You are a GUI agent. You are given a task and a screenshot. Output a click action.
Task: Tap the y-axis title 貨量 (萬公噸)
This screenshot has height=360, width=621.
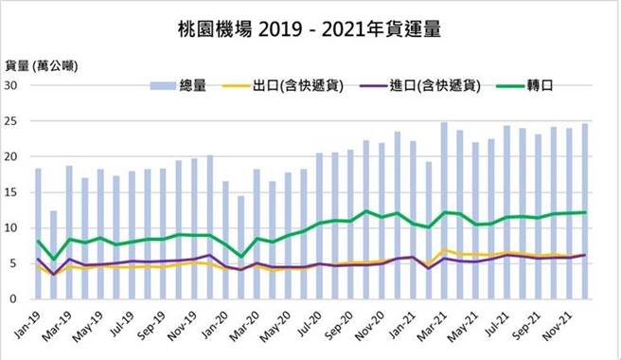click(42, 65)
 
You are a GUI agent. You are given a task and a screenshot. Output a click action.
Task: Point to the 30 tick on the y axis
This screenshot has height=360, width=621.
click(13, 85)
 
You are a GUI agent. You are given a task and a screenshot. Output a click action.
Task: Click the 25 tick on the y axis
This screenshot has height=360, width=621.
click(13, 121)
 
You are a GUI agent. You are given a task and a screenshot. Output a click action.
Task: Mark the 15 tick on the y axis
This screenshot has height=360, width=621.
click(13, 192)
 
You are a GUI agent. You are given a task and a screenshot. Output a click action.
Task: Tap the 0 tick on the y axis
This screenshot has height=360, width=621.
click(17, 299)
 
